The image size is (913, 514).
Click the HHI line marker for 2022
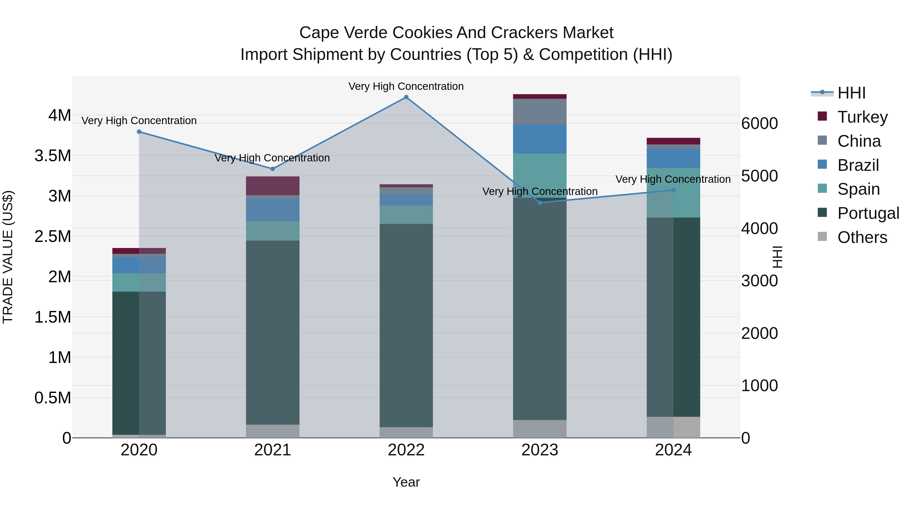coord(406,97)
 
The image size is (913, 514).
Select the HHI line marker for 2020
coord(139,131)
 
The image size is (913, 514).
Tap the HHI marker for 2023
coord(540,203)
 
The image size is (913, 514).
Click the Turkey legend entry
coord(862,117)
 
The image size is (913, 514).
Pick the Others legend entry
coord(862,237)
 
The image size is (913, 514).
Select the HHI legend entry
coord(851,93)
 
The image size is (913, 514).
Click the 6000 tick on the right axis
coord(759,123)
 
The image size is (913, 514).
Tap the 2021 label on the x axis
coord(273,450)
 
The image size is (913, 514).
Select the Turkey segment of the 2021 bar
coord(273,186)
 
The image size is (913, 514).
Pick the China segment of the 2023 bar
coord(540,112)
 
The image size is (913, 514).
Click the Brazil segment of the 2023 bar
coord(540,139)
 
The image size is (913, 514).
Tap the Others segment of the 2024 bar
coord(673,427)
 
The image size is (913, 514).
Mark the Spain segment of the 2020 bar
coord(139,282)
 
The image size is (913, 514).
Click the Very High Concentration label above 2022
coord(406,86)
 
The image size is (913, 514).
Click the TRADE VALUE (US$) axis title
coord(8,257)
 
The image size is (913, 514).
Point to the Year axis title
coord(406,482)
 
